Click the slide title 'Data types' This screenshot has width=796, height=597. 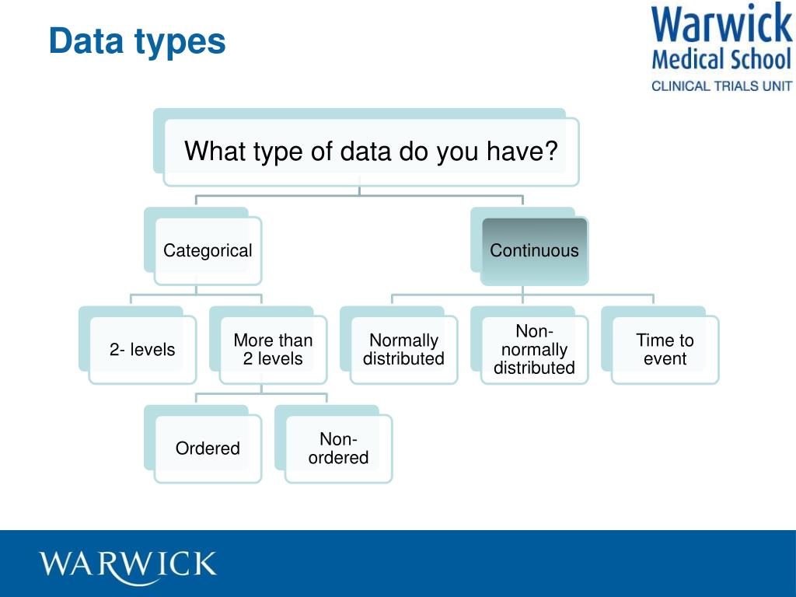137,41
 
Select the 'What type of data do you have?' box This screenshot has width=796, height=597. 371,151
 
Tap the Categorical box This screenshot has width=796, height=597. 208,250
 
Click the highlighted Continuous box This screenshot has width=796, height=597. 534,250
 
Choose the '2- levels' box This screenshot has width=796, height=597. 142,350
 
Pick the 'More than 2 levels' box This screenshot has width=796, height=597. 273,350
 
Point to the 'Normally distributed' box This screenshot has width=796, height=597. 403,350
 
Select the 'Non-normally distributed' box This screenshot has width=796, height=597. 534,350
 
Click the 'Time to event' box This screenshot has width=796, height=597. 665,350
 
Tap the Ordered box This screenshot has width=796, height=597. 208,449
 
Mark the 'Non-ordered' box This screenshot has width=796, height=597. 338,449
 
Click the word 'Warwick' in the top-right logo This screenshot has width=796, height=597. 721,24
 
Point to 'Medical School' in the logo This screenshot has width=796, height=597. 721,59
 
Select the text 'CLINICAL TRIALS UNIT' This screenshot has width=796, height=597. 721,86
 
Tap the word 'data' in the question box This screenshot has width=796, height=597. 365,151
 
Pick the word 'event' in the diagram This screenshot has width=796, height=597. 665,359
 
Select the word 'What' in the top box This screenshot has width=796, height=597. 215,151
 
